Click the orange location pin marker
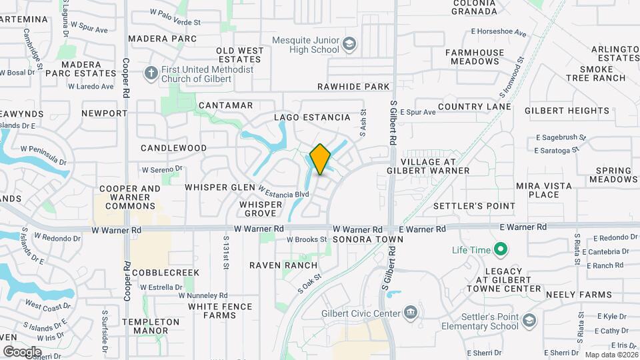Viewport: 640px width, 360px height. tap(320, 159)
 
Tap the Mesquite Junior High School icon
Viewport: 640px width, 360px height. tap(349, 45)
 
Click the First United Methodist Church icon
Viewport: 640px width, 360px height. tap(151, 73)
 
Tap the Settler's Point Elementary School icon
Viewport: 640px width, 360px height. tap(529, 321)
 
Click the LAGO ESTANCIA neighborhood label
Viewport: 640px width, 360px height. tap(312, 117)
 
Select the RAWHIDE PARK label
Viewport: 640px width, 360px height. tap(353, 87)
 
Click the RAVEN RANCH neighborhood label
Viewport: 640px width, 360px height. tap(283, 265)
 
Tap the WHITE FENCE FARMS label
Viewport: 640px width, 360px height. tap(220, 311)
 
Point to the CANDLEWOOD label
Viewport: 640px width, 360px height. tap(173, 147)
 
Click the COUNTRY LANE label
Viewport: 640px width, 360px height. tap(475, 107)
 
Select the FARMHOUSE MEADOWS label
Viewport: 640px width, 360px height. tap(475, 56)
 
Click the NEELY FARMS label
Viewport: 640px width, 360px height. tap(579, 294)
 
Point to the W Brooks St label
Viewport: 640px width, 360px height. tap(307, 239)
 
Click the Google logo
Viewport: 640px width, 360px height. tap(22, 351)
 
